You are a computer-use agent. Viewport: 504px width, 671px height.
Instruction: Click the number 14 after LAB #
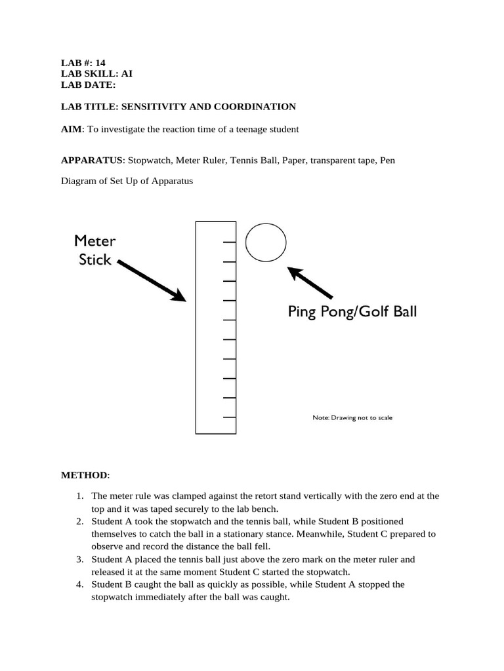pyautogui.click(x=99, y=63)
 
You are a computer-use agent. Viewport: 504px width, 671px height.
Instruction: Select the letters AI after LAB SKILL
pyautogui.click(x=127, y=73)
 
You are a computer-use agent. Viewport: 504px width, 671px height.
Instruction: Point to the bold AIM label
pyautogui.click(x=72, y=129)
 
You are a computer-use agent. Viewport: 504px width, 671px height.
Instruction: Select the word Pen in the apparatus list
pyautogui.click(x=387, y=160)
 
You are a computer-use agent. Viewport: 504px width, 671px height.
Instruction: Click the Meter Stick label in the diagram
pyautogui.click(x=96, y=249)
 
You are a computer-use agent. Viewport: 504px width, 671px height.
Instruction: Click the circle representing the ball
pyautogui.click(x=265, y=242)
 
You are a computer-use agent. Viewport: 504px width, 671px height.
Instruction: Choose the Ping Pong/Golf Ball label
pyautogui.click(x=352, y=312)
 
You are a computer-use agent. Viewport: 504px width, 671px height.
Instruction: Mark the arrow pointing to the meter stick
pyautogui.click(x=150, y=280)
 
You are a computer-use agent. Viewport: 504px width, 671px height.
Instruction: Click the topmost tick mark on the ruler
pyautogui.click(x=230, y=242)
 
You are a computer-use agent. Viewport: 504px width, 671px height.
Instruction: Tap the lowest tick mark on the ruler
pyautogui.click(x=230, y=417)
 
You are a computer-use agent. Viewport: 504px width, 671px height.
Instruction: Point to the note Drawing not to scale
pyautogui.click(x=352, y=417)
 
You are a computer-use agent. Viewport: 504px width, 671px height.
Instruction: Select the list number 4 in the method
pyautogui.click(x=79, y=584)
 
